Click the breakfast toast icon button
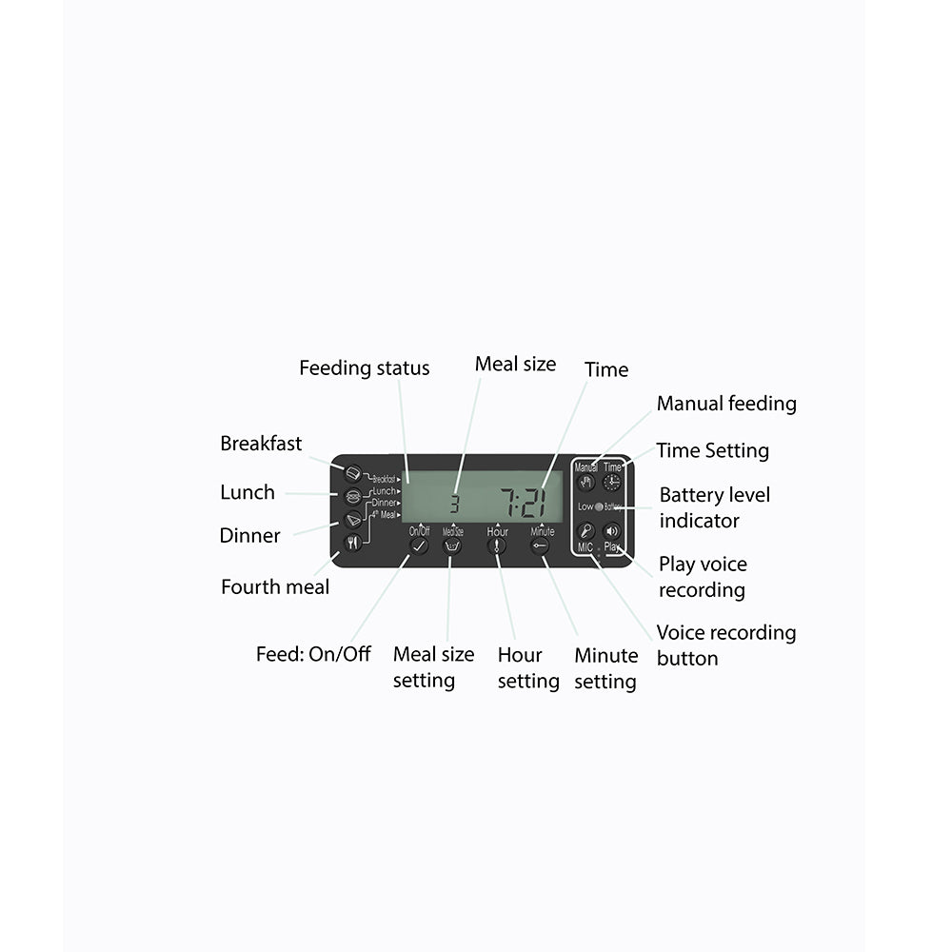[352, 472]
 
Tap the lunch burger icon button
[352, 495]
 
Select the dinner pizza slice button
[352, 519]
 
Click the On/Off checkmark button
[419, 546]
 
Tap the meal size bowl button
[453, 546]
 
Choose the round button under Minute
[542, 546]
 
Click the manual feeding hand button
[586, 482]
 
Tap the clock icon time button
[612, 482]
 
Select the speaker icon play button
[612, 531]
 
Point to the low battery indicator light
[600, 506]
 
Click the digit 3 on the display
[454, 505]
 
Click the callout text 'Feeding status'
[364, 367]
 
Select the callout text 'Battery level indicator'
[714, 507]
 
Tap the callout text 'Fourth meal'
[275, 586]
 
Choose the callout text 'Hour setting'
[527, 667]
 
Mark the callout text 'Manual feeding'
[726, 404]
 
